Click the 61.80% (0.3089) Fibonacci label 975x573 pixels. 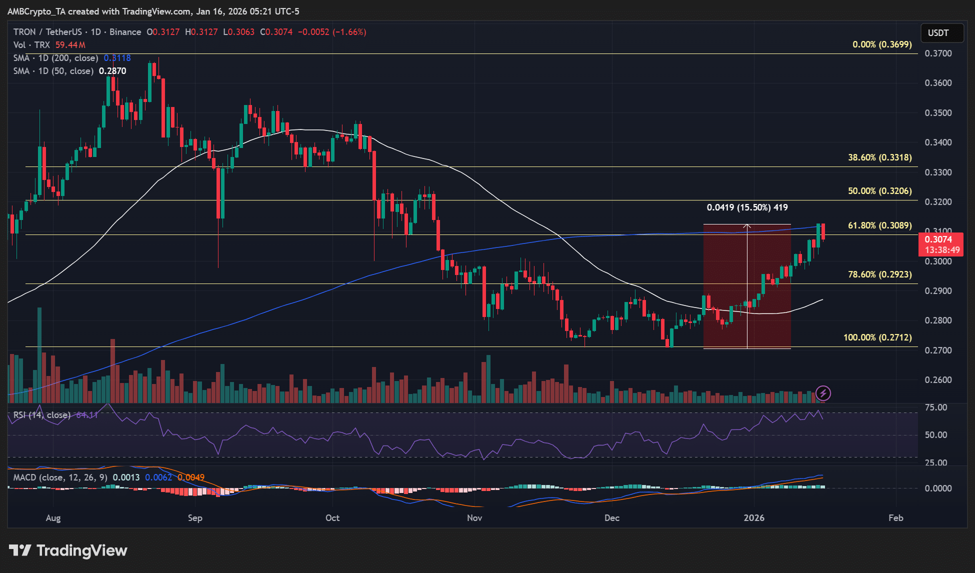(879, 225)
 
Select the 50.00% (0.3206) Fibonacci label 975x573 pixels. (879, 191)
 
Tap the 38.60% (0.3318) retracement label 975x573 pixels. (879, 157)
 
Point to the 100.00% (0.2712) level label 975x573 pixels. (877, 337)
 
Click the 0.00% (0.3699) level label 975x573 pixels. (882, 44)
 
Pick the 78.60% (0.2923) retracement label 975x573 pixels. (879, 274)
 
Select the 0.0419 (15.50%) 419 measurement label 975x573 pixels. (747, 207)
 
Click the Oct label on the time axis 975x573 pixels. (332, 518)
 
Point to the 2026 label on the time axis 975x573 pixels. (753, 518)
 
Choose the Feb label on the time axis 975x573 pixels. (895, 518)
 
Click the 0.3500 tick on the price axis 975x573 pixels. (938, 113)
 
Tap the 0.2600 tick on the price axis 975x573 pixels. (938, 380)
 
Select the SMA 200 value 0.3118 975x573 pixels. (117, 58)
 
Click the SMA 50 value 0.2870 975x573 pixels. (112, 71)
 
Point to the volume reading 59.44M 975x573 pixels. (70, 45)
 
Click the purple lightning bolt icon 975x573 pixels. (823, 393)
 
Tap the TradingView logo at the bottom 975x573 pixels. (68, 550)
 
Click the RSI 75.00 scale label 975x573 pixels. (935, 407)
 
